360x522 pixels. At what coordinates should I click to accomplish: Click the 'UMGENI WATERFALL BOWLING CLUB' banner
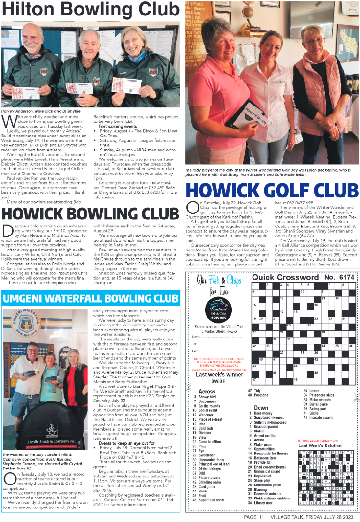tap(91, 298)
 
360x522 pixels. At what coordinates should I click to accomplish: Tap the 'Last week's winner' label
tap(219, 374)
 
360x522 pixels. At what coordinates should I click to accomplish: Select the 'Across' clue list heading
tap(207, 392)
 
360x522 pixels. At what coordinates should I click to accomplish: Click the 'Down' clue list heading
tap(261, 408)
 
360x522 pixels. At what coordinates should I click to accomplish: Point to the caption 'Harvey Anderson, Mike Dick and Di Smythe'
tap(42, 111)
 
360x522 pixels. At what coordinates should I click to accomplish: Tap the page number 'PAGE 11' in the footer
tap(254, 517)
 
